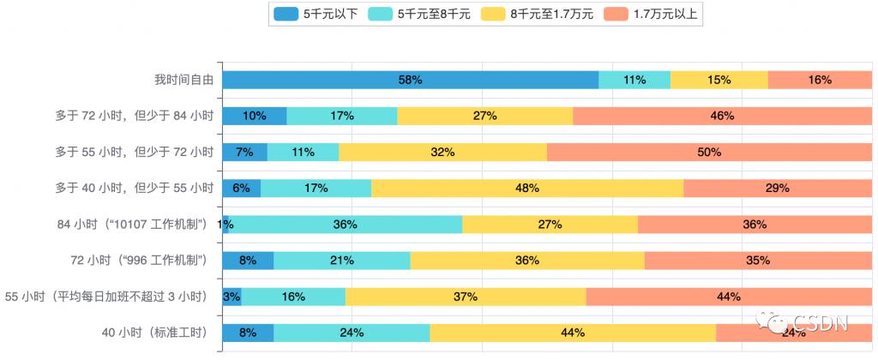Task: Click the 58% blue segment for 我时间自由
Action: tap(410, 80)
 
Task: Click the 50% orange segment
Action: tap(709, 152)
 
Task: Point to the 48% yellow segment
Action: tap(527, 188)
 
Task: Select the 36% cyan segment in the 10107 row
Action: tap(346, 225)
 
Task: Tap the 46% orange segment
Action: tap(722, 116)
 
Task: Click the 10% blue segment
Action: tap(255, 116)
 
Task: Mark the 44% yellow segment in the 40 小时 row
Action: tap(573, 333)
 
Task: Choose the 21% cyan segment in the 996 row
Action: tap(342, 261)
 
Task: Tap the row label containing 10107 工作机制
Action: tap(133, 225)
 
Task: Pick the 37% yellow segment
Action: tap(466, 297)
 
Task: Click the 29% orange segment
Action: tap(778, 188)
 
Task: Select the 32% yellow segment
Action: tap(442, 152)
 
